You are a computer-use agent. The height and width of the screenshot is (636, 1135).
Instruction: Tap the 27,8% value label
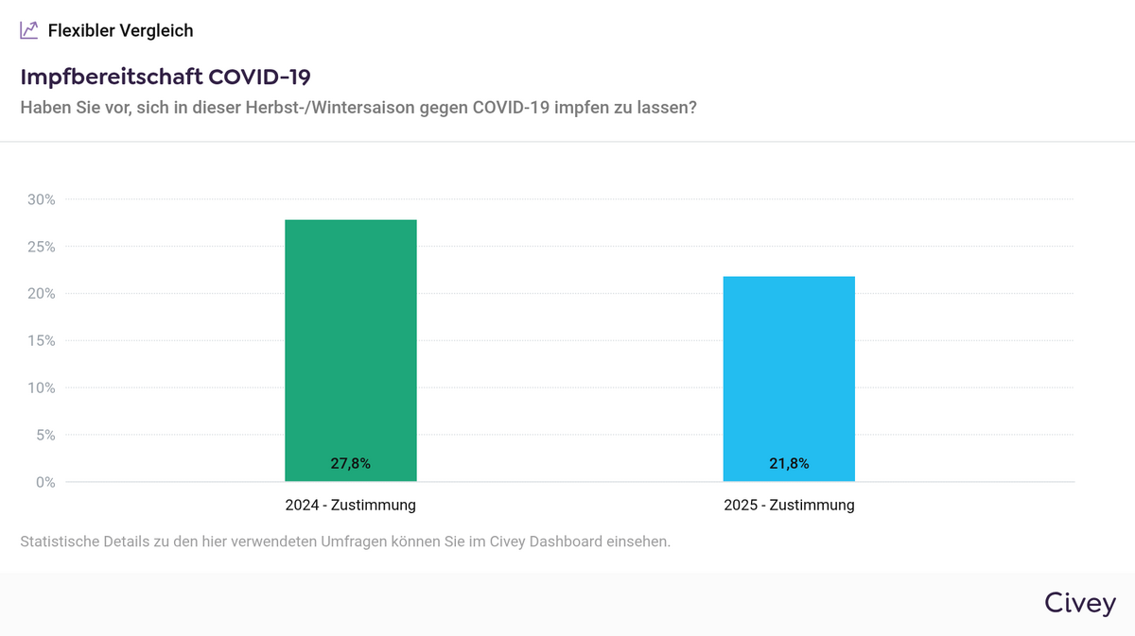click(350, 464)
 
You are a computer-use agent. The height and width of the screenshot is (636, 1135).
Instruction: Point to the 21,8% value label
click(789, 464)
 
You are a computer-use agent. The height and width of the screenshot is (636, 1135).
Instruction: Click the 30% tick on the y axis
click(41, 199)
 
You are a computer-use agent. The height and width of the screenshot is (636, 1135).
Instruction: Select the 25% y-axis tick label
click(41, 247)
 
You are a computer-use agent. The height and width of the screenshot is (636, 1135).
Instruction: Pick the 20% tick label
click(41, 294)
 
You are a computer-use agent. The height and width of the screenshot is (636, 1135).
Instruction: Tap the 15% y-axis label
click(41, 341)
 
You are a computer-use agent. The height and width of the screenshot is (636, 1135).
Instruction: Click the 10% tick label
click(41, 388)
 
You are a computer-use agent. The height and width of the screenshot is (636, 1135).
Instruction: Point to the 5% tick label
click(44, 436)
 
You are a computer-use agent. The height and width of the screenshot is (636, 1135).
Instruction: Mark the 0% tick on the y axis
click(44, 482)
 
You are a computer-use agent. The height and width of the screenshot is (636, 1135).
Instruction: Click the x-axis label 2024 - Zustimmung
click(350, 506)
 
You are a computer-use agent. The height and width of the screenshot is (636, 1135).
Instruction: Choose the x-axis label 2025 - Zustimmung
click(789, 506)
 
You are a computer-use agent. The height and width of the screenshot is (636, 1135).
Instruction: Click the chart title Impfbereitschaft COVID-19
click(166, 77)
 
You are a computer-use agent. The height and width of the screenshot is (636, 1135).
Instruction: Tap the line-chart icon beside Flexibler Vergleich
click(29, 30)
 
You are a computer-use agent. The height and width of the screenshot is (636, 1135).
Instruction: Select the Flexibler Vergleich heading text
click(120, 30)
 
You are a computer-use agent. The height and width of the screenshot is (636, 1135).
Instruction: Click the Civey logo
click(1079, 603)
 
